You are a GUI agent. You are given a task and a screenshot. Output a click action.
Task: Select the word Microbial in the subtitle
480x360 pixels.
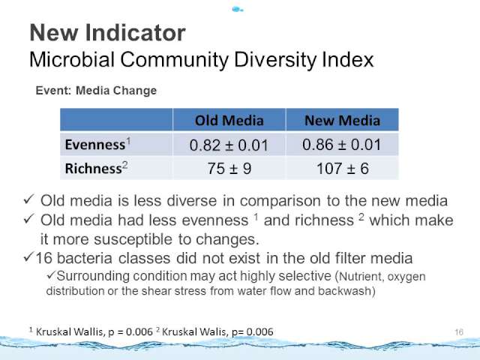point(72,59)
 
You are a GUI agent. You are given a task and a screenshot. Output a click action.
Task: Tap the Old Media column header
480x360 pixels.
point(229,120)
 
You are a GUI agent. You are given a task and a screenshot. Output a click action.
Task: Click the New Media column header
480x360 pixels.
point(342,120)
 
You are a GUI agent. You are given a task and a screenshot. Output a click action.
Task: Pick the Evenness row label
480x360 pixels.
point(98,144)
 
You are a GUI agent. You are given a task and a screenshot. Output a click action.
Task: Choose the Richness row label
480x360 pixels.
point(96,168)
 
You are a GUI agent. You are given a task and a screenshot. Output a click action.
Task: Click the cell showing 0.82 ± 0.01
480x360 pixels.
point(229,145)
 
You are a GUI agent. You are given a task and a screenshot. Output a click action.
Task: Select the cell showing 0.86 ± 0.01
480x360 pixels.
point(342,145)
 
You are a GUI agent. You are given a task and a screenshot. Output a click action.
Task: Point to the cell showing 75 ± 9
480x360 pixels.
point(229,168)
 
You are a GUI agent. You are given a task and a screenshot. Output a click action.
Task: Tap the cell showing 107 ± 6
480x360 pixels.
point(342,168)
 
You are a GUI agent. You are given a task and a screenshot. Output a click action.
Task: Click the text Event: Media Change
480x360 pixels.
point(96,91)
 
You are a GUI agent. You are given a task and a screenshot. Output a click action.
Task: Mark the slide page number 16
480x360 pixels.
point(459,332)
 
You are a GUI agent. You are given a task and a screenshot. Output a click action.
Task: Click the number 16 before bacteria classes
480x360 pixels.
point(44,258)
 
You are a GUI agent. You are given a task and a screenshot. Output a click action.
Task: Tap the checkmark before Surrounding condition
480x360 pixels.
point(51,275)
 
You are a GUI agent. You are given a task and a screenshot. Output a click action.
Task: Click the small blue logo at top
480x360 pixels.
point(238,10)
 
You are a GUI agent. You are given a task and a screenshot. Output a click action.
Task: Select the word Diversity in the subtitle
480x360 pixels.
point(275,59)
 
